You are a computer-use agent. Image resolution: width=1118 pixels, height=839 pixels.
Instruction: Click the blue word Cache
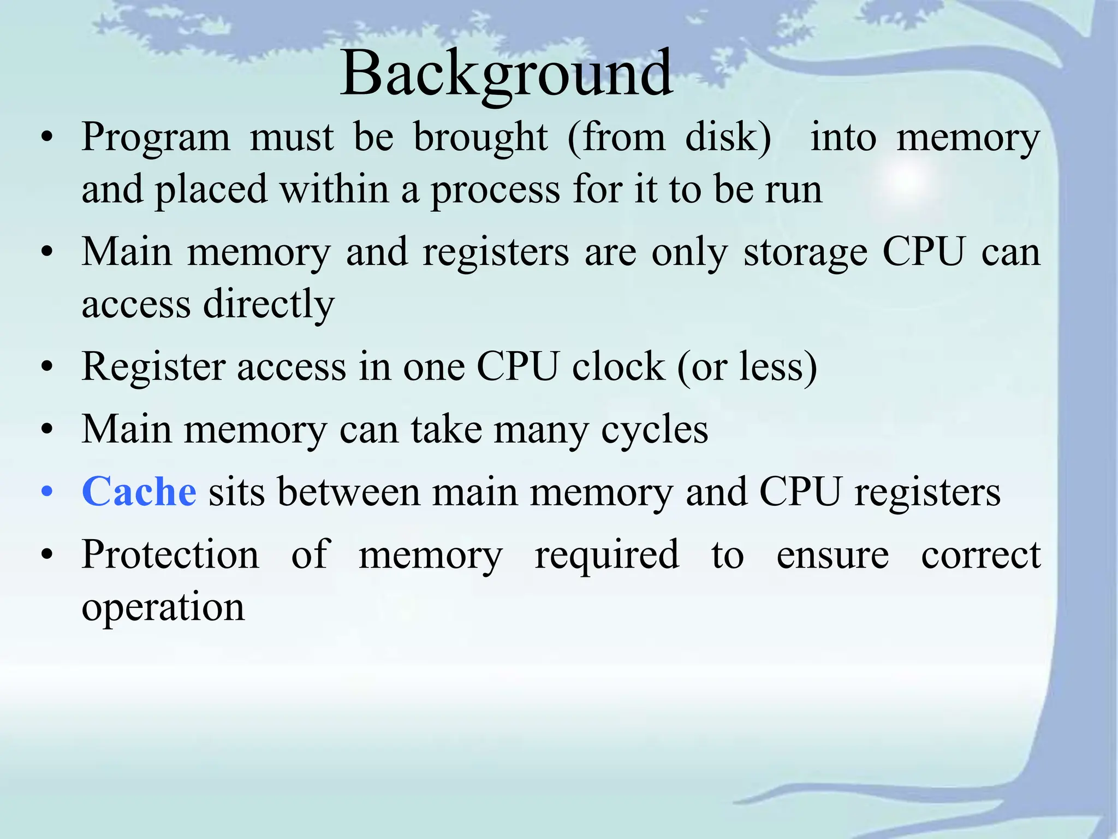pos(139,492)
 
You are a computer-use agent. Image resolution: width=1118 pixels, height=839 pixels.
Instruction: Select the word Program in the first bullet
pos(156,138)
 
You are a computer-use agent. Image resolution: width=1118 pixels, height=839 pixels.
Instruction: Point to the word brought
pos(480,138)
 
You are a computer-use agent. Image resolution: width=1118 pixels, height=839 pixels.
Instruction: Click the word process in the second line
pos(496,190)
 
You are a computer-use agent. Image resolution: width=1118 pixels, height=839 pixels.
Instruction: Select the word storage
pos(805,253)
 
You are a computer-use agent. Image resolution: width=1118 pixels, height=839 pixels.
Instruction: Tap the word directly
pos(269,305)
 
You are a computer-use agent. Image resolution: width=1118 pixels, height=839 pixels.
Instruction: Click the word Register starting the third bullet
pos(153,367)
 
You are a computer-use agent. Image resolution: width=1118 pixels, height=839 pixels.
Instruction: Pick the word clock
pos(619,367)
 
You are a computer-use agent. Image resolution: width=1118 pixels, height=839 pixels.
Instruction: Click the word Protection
pos(170,555)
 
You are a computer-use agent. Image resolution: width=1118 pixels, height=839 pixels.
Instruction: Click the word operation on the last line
pos(163,608)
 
